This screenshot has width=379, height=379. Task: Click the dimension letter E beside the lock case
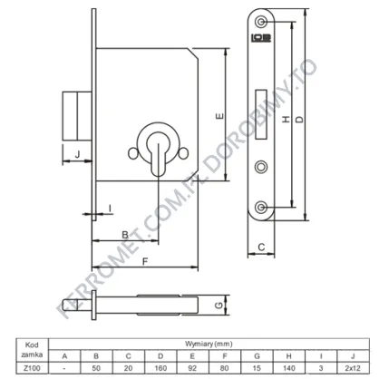pyautogui.click(x=220, y=116)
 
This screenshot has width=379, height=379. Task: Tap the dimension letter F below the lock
pyautogui.click(x=145, y=261)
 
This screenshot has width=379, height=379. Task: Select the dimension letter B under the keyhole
pyautogui.click(x=125, y=235)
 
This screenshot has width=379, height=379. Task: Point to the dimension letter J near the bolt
pyautogui.click(x=77, y=154)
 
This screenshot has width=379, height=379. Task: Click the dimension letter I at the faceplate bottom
pyautogui.click(x=110, y=209)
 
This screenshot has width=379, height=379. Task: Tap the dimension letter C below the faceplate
pyautogui.click(x=261, y=248)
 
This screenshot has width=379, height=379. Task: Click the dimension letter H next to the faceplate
pyautogui.click(x=286, y=120)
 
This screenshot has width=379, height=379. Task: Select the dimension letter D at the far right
pyautogui.click(x=299, y=120)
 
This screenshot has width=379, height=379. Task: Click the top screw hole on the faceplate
pyautogui.click(x=260, y=22)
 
